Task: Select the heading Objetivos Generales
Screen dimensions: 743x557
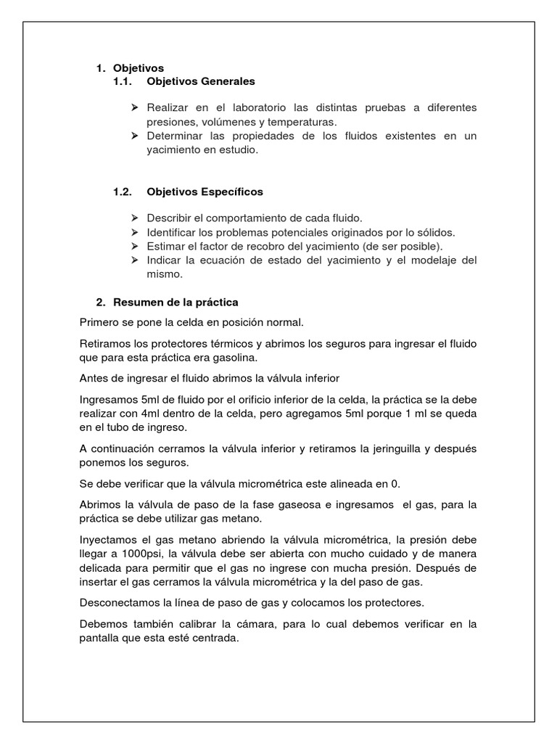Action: (200, 81)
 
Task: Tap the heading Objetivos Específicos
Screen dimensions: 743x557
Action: (205, 192)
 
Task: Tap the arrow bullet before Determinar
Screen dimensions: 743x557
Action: (134, 136)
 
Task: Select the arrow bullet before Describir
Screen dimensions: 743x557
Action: (134, 218)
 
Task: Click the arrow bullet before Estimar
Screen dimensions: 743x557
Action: (134, 247)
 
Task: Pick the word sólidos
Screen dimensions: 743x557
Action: (435, 233)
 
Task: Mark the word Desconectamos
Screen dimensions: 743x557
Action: (120, 603)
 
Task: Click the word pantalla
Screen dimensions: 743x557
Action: (100, 639)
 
